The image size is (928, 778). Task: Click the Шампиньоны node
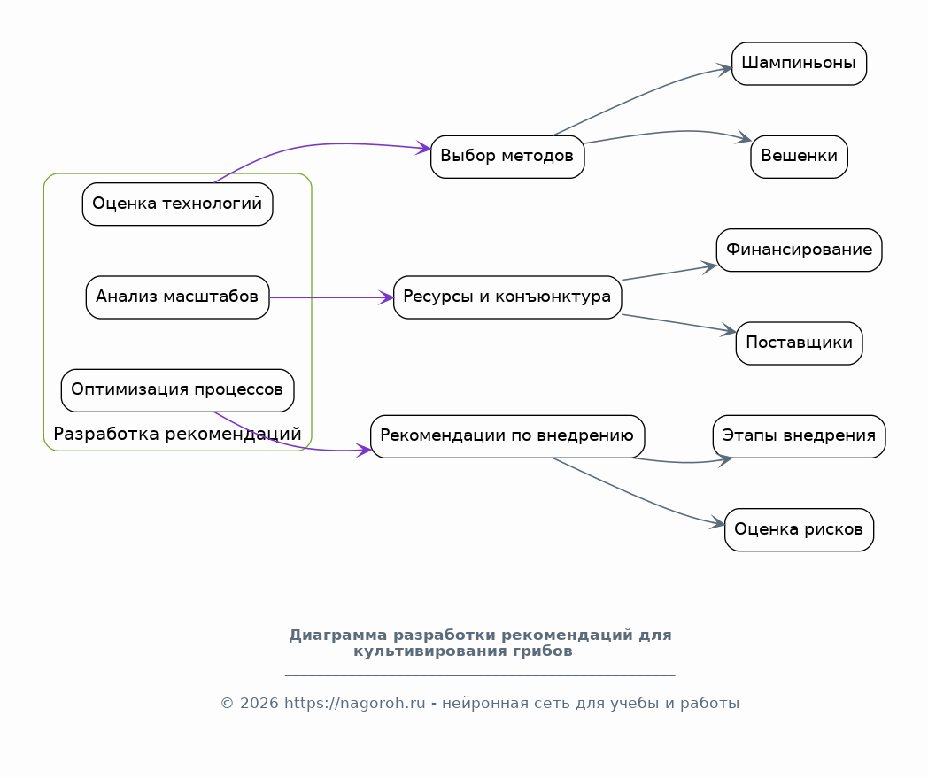click(x=799, y=64)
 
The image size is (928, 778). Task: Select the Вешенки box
click(x=799, y=157)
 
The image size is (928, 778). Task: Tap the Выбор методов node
click(x=507, y=157)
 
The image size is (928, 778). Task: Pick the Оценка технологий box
click(x=178, y=204)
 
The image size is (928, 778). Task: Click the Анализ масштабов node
click(x=178, y=297)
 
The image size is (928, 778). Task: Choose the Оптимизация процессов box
click(x=178, y=390)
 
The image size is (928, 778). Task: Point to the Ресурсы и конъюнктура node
click(x=507, y=297)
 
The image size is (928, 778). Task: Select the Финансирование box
click(x=799, y=250)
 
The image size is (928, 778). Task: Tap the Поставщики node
click(x=799, y=343)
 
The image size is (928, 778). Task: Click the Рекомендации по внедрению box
click(x=507, y=436)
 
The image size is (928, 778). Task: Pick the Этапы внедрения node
click(x=799, y=436)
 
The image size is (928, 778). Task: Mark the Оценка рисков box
click(x=799, y=529)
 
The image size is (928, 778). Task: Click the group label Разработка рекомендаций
click(x=178, y=435)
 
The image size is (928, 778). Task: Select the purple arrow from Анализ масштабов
click(x=331, y=297)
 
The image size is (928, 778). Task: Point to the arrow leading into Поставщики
click(x=679, y=323)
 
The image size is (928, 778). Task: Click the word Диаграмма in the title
click(x=338, y=635)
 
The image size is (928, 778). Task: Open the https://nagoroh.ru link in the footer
click(x=354, y=703)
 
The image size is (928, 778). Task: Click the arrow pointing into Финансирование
click(x=669, y=273)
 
